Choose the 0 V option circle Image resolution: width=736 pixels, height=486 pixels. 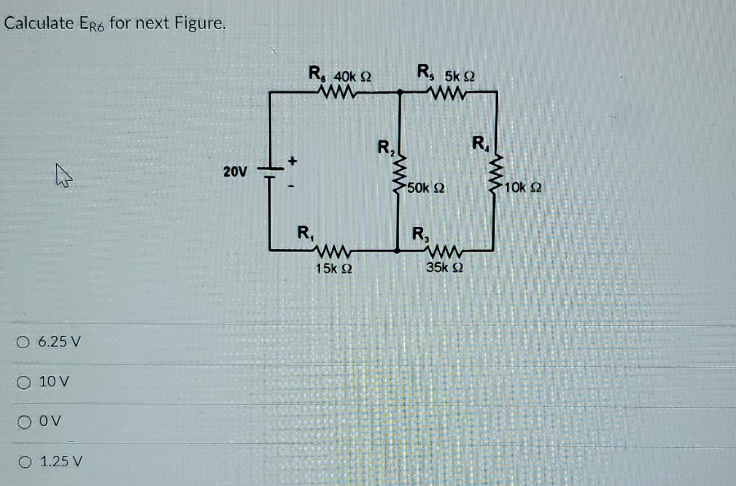point(23,422)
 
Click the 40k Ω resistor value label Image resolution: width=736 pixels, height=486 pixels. point(352,77)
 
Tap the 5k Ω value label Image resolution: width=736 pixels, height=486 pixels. point(459,77)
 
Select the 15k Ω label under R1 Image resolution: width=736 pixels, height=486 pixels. point(334,269)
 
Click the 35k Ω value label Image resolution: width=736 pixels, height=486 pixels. point(445,268)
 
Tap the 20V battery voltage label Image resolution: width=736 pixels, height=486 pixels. point(235,171)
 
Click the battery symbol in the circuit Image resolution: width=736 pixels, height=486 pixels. point(270,173)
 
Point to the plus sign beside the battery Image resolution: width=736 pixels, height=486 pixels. point(293,160)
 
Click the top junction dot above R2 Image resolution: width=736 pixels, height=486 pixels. point(399,92)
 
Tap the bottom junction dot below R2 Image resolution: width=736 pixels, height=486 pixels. point(397,250)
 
